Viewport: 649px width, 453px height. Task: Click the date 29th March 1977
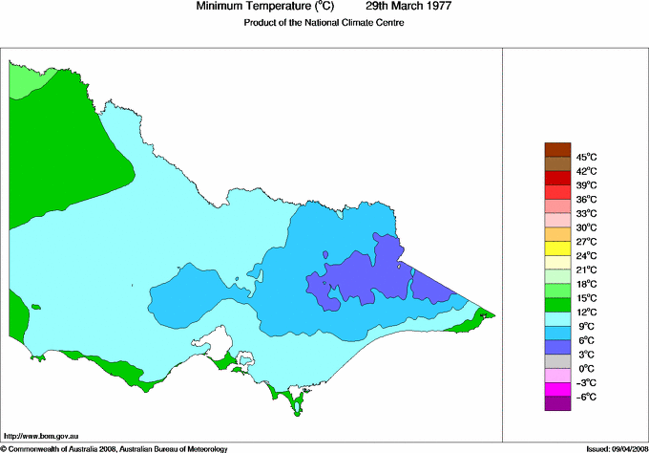point(408,7)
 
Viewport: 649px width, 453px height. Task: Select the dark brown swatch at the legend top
point(556,149)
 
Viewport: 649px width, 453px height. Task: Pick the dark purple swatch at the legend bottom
point(556,403)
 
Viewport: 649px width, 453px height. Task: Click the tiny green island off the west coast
point(35,307)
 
